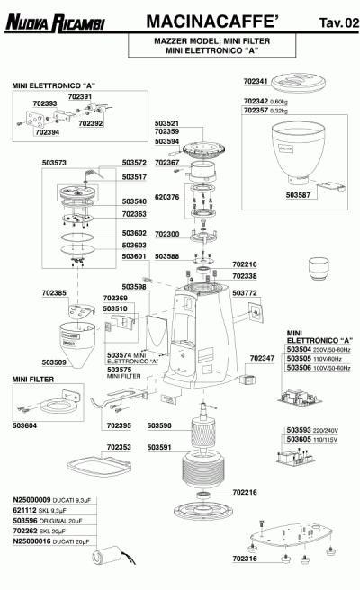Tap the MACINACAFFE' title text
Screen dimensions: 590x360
coord(204,20)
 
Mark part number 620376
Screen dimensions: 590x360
coord(168,196)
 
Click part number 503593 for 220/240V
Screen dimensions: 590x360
coord(299,430)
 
